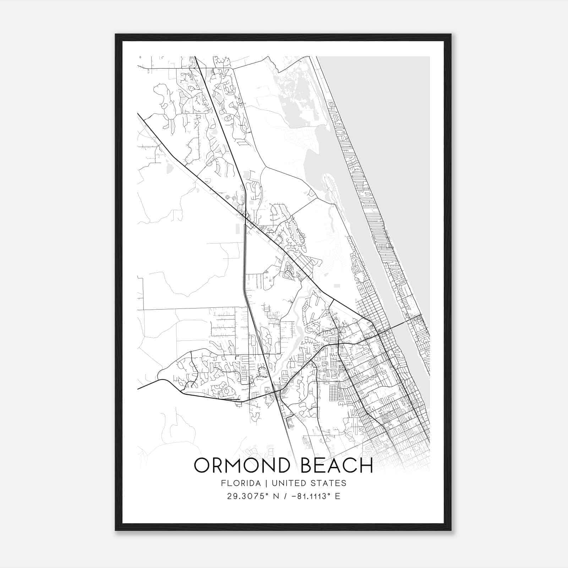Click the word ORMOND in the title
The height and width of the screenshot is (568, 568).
pos(240,465)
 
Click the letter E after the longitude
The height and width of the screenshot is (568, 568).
pos(338,496)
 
